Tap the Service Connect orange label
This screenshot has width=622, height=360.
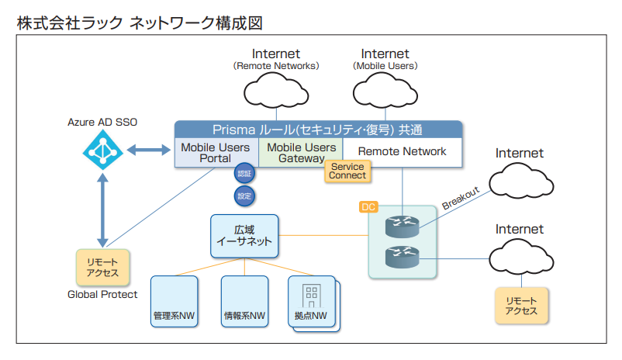pyautogui.click(x=347, y=170)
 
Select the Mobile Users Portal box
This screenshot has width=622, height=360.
pyautogui.click(x=216, y=152)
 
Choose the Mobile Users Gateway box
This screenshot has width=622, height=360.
pyautogui.click(x=301, y=152)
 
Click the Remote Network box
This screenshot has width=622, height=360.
pyautogui.click(x=402, y=151)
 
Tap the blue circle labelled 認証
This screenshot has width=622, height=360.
pyautogui.click(x=244, y=174)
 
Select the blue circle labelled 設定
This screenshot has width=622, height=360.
pyautogui.click(x=244, y=196)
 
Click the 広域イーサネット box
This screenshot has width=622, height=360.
pyautogui.click(x=244, y=235)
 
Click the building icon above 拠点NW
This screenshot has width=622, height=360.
pyautogui.click(x=311, y=296)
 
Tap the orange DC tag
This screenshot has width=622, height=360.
pyautogui.click(x=368, y=207)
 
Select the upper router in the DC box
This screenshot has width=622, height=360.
pyautogui.click(x=402, y=227)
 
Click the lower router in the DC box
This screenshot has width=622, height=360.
pyautogui.click(x=402, y=256)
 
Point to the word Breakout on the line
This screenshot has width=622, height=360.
pyautogui.click(x=461, y=197)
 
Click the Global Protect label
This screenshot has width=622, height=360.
pyautogui.click(x=102, y=295)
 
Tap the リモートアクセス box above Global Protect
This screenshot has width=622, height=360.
pyautogui.click(x=102, y=267)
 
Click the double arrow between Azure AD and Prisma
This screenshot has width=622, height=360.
pyautogui.click(x=147, y=149)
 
